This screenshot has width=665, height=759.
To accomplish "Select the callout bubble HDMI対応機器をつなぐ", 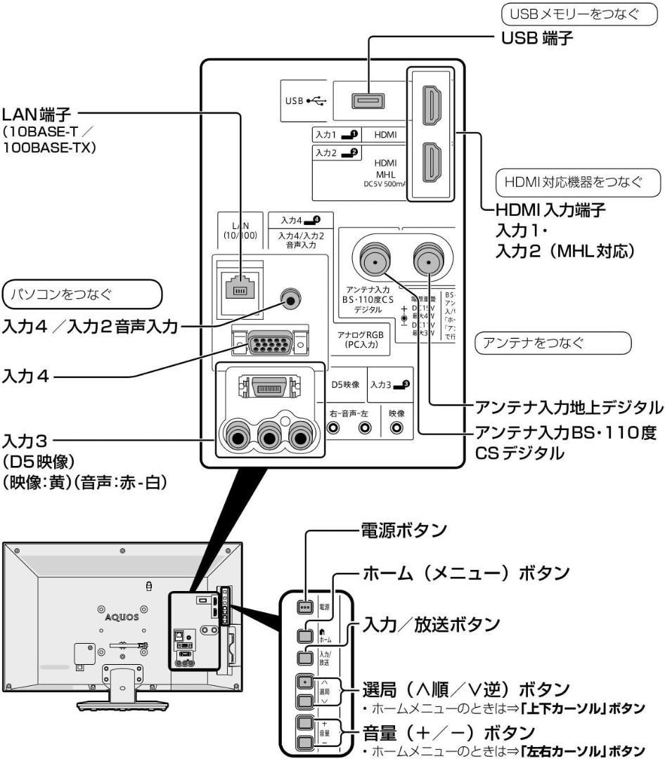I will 579,183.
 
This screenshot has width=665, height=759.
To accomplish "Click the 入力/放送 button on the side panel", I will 305,657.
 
